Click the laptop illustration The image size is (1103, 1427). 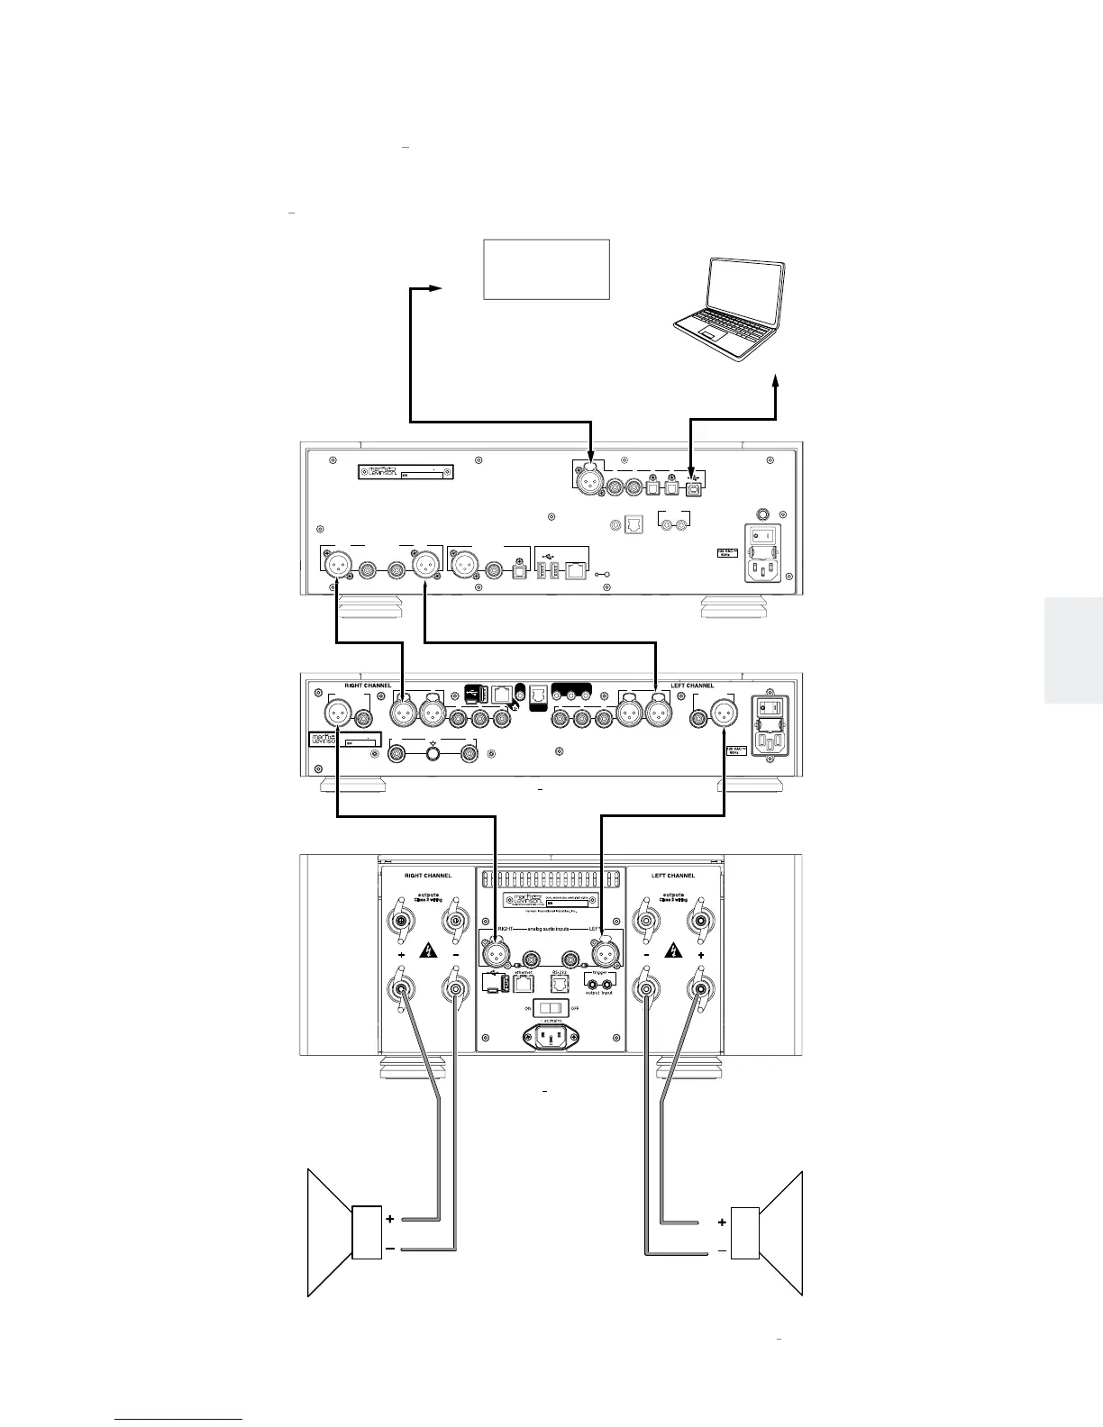[728, 311]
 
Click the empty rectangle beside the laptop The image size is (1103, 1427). [547, 268]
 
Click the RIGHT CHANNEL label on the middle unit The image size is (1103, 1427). [368, 686]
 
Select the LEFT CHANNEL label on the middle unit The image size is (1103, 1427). [692, 686]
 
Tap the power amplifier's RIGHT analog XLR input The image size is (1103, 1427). [495, 951]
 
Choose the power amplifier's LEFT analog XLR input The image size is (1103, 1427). [602, 951]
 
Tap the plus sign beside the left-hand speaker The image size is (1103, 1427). [389, 1219]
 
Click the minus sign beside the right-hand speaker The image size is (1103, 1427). [722, 1250]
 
